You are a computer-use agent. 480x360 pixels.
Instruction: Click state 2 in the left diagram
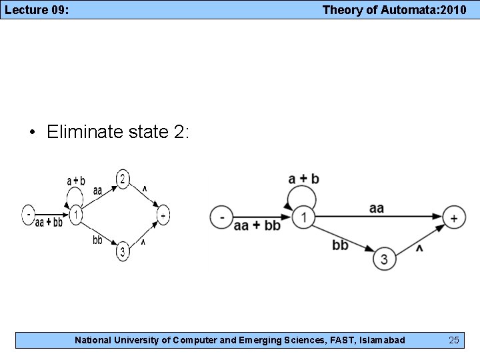[123, 178]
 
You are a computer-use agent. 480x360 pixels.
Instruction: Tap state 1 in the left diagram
[76, 215]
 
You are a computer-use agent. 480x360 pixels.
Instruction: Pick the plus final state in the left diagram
[163, 215]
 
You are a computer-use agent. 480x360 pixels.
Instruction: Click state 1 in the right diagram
[303, 217]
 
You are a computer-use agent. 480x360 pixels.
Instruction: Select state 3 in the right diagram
[383, 259]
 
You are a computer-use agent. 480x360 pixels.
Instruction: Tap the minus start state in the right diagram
[221, 217]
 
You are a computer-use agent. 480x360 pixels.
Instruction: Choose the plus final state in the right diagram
[455, 217]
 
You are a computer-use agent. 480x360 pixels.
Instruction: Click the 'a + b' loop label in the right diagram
[304, 179]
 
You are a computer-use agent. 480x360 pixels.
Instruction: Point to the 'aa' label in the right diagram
[377, 208]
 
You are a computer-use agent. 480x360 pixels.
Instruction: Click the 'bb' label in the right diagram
[340, 245]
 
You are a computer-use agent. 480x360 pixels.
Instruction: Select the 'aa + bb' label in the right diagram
[257, 226]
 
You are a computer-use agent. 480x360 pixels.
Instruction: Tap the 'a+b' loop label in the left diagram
[76, 181]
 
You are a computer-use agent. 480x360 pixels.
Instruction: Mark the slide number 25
[454, 341]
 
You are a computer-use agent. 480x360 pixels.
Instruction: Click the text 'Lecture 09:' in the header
[37, 9]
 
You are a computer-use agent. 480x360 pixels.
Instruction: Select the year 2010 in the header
[451, 9]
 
